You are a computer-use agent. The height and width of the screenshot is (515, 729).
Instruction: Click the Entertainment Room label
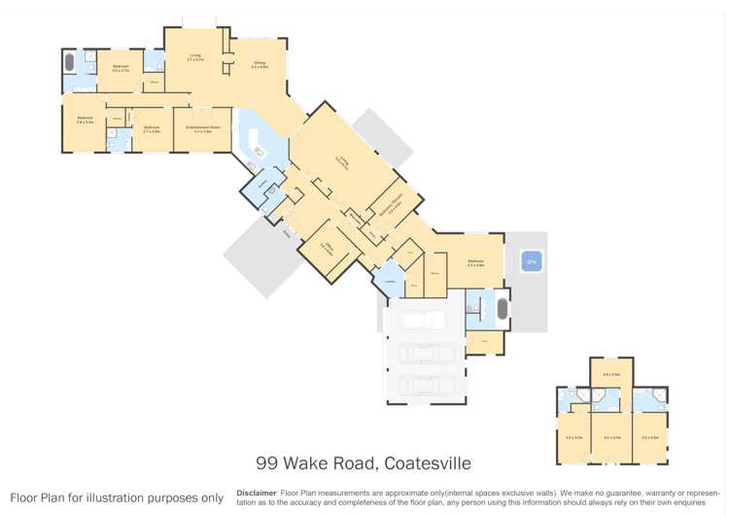(x=202, y=128)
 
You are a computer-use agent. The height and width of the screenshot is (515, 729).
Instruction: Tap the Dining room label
(x=259, y=65)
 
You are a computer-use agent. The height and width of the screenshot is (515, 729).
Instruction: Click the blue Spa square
(x=532, y=260)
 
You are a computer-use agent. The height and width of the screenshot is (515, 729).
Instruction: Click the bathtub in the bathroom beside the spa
(x=503, y=309)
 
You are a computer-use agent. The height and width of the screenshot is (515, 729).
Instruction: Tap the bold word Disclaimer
(x=257, y=493)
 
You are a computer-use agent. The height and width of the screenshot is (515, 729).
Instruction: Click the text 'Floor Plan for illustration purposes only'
(x=117, y=498)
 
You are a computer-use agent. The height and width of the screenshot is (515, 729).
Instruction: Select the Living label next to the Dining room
(x=195, y=57)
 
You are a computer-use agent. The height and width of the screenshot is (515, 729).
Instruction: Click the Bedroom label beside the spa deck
(x=475, y=262)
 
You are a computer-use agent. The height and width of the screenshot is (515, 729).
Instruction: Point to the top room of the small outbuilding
(x=611, y=372)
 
